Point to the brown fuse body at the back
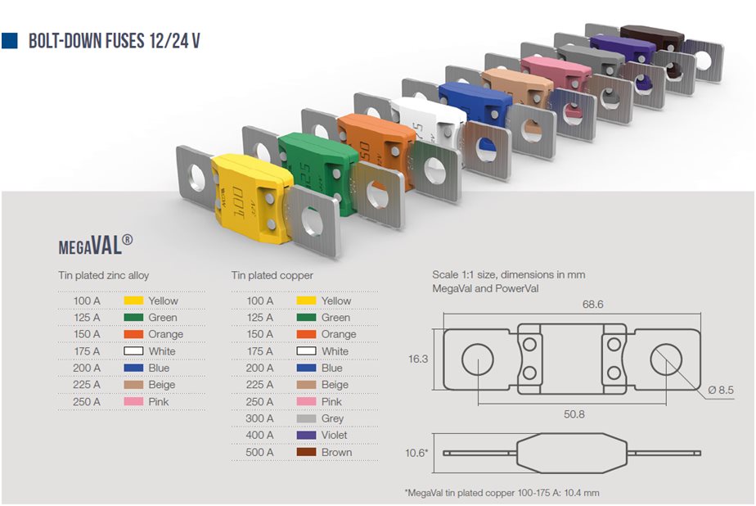coord(652,37)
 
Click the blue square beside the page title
coord(9,40)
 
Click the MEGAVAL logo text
coord(96,245)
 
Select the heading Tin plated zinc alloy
coord(104,275)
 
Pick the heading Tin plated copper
coord(272,275)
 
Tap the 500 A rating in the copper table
coord(259,453)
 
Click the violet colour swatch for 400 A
coord(306,435)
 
